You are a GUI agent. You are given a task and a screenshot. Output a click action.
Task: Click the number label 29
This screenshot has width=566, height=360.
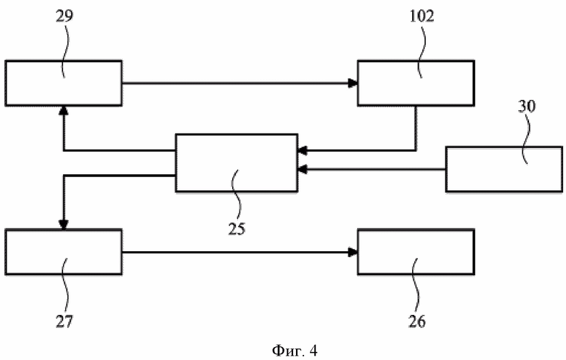pyautogui.click(x=65, y=16)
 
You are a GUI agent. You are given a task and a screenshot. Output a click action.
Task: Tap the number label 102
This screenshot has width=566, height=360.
pyautogui.click(x=422, y=16)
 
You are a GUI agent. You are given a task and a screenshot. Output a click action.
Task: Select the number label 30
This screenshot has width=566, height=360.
pyautogui.click(x=527, y=106)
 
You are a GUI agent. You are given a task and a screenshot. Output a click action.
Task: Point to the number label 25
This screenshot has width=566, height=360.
pyautogui.click(x=237, y=229)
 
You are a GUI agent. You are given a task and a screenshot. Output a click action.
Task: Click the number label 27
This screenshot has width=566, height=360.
pyautogui.click(x=65, y=321)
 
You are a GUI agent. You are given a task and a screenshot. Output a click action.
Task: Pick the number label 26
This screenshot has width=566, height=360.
pyautogui.click(x=417, y=321)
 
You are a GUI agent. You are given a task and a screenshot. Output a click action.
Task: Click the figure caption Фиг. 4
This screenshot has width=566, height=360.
pyautogui.click(x=295, y=351)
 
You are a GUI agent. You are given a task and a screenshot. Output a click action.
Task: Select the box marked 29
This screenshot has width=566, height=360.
pyautogui.click(x=64, y=83)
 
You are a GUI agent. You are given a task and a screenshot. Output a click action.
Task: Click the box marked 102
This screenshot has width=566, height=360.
pyautogui.click(x=416, y=83)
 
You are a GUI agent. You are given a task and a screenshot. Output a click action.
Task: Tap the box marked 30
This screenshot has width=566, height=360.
pyautogui.click(x=504, y=169)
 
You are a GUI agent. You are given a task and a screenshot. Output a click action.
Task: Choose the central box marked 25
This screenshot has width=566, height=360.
pyautogui.click(x=237, y=163)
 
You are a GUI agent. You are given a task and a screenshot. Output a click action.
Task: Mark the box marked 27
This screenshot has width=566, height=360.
pyautogui.click(x=64, y=252)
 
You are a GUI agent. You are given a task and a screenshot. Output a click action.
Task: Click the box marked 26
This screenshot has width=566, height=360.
pyautogui.click(x=416, y=252)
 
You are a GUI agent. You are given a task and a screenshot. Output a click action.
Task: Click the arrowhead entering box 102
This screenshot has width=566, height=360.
pyautogui.click(x=353, y=83)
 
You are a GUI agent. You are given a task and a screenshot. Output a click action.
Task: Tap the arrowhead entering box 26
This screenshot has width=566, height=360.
pyautogui.click(x=353, y=252)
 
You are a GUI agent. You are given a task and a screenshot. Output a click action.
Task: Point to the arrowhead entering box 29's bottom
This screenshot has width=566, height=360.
pyautogui.click(x=64, y=110)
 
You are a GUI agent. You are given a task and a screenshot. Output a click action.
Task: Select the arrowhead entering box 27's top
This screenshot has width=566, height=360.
pyautogui.click(x=64, y=224)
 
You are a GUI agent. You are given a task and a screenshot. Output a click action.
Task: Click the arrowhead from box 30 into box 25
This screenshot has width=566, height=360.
pyautogui.click(x=303, y=169)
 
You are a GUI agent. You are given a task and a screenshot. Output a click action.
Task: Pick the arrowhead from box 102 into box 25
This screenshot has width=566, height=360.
pyautogui.click(x=303, y=150)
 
